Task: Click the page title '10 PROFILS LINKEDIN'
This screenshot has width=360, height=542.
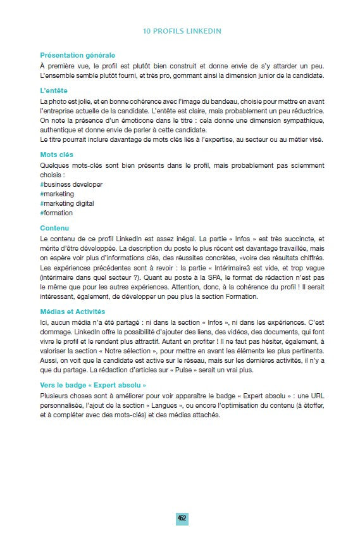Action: coord(182,30)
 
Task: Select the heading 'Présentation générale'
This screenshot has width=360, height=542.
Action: coord(77,55)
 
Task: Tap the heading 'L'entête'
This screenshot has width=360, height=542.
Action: coord(54,91)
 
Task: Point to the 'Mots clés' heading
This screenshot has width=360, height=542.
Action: coord(56,154)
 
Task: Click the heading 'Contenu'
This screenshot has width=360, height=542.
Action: coord(55,228)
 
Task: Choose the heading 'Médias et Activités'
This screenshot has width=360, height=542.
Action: coord(73,312)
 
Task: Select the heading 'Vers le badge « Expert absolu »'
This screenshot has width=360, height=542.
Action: coord(93,384)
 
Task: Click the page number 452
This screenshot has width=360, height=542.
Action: coord(182,517)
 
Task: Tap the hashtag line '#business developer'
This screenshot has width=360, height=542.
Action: coord(71,184)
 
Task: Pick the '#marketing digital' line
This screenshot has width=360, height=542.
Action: coord(66,203)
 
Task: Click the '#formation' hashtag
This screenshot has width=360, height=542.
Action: coord(56,213)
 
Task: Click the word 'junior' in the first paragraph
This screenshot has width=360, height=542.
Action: coord(254,76)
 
